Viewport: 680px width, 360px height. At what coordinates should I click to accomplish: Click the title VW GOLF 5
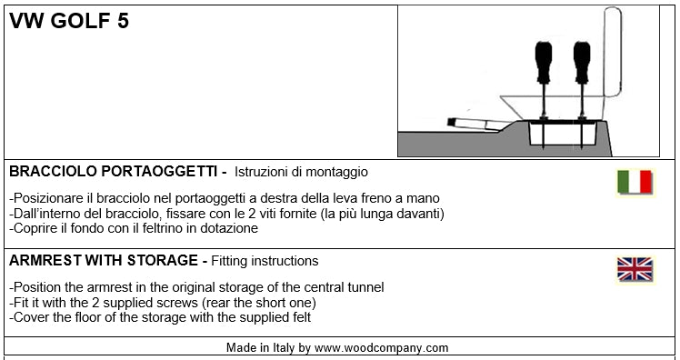[x=69, y=21]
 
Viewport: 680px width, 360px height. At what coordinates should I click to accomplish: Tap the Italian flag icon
[x=635, y=182]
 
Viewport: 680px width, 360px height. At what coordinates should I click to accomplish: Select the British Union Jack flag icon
[x=635, y=269]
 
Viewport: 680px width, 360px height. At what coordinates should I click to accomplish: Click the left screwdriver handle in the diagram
[x=544, y=63]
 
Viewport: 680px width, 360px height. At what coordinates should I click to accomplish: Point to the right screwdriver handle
[x=582, y=63]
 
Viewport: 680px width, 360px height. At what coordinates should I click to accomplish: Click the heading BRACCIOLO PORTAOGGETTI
[x=113, y=172]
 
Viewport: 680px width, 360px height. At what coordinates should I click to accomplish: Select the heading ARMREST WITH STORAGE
[x=104, y=261]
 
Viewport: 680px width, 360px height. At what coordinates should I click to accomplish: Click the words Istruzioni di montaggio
[x=301, y=172]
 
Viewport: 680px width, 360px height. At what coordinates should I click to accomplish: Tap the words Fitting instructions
[x=265, y=261]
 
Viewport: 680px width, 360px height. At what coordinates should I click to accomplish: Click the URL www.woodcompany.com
[x=381, y=348]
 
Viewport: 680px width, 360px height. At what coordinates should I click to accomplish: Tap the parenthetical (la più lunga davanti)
[x=382, y=214]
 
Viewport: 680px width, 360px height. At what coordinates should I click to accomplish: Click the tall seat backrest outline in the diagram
[x=613, y=52]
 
